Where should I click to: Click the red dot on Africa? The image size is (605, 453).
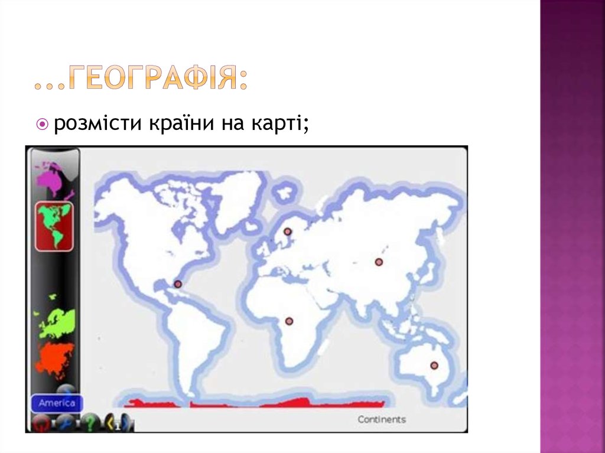pos(289,321)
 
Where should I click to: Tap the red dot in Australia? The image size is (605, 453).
pos(434,366)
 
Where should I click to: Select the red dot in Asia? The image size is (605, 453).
pos(379,262)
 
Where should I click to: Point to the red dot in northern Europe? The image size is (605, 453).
pos(288,232)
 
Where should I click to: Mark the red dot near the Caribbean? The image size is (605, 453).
pos(177,284)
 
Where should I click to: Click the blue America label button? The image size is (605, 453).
pos(57,403)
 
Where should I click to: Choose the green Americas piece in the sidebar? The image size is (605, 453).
pos(54,226)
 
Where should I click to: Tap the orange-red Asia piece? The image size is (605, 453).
pos(55,358)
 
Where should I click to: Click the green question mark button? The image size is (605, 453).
pos(89,423)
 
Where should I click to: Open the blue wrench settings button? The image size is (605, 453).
pos(64,423)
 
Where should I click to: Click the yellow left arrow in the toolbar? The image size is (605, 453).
pos(110,423)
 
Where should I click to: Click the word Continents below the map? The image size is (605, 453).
pos(382,419)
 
